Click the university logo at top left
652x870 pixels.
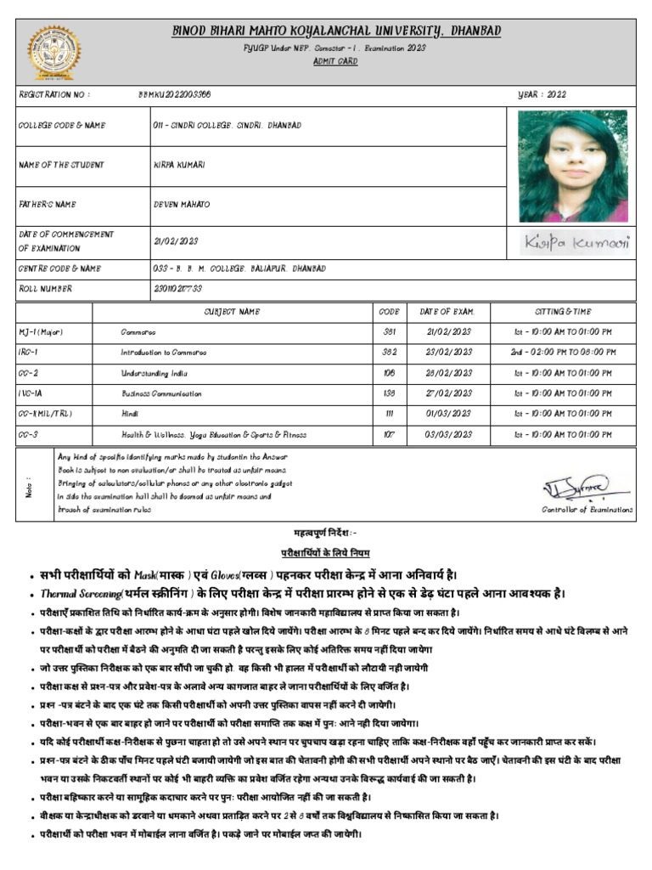50,52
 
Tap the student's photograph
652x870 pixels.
572,167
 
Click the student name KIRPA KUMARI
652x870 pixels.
179,165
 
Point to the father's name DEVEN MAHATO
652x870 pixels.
182,205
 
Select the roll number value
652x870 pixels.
177,289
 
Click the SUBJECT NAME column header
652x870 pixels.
232,312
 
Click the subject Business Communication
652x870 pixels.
161,393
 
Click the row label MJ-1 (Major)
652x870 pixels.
41,332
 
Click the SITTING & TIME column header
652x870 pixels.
563,312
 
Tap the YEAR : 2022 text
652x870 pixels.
542,95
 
